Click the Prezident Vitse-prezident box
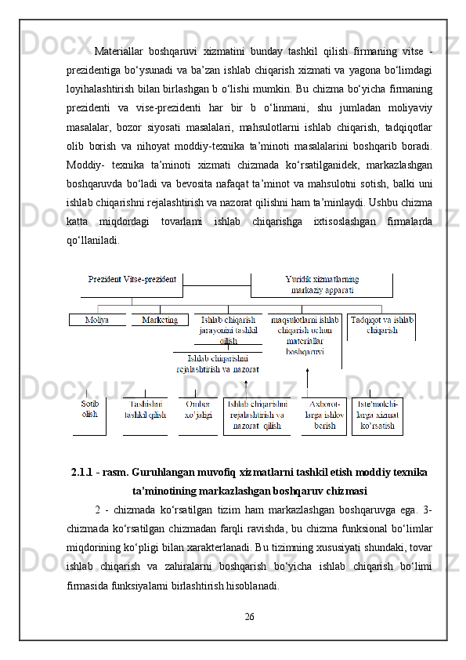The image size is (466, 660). pyautogui.click(x=132, y=279)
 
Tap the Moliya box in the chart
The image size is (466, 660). pyautogui.click(x=97, y=320)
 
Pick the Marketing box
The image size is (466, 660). pyautogui.click(x=160, y=320)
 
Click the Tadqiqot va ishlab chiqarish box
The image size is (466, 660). pyautogui.click(x=381, y=325)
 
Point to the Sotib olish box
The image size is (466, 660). pyautogui.click(x=90, y=408)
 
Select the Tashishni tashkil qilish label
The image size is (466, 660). pyautogui.click(x=145, y=409)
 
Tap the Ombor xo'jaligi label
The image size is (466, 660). pyautogui.click(x=197, y=409)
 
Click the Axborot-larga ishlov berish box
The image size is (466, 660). pyautogui.click(x=323, y=415)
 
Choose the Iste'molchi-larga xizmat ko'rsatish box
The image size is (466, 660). pyautogui.click(x=377, y=415)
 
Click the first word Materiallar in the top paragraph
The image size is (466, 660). pyautogui.click(x=117, y=53)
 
